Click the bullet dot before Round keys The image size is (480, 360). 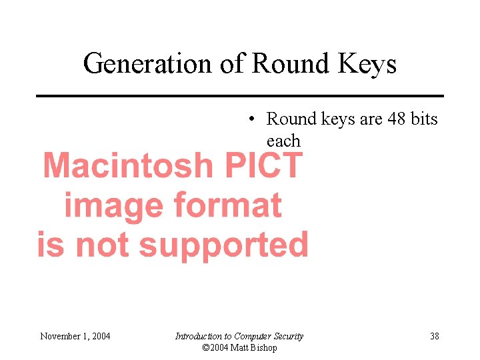pyautogui.click(x=250, y=119)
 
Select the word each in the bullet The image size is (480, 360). pyautogui.click(x=283, y=141)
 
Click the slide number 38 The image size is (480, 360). pyautogui.click(x=435, y=336)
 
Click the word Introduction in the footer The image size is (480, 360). pyautogui.click(x=198, y=336)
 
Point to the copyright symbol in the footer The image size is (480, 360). pyautogui.click(x=205, y=348)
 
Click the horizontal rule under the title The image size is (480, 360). pyautogui.click(x=239, y=96)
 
